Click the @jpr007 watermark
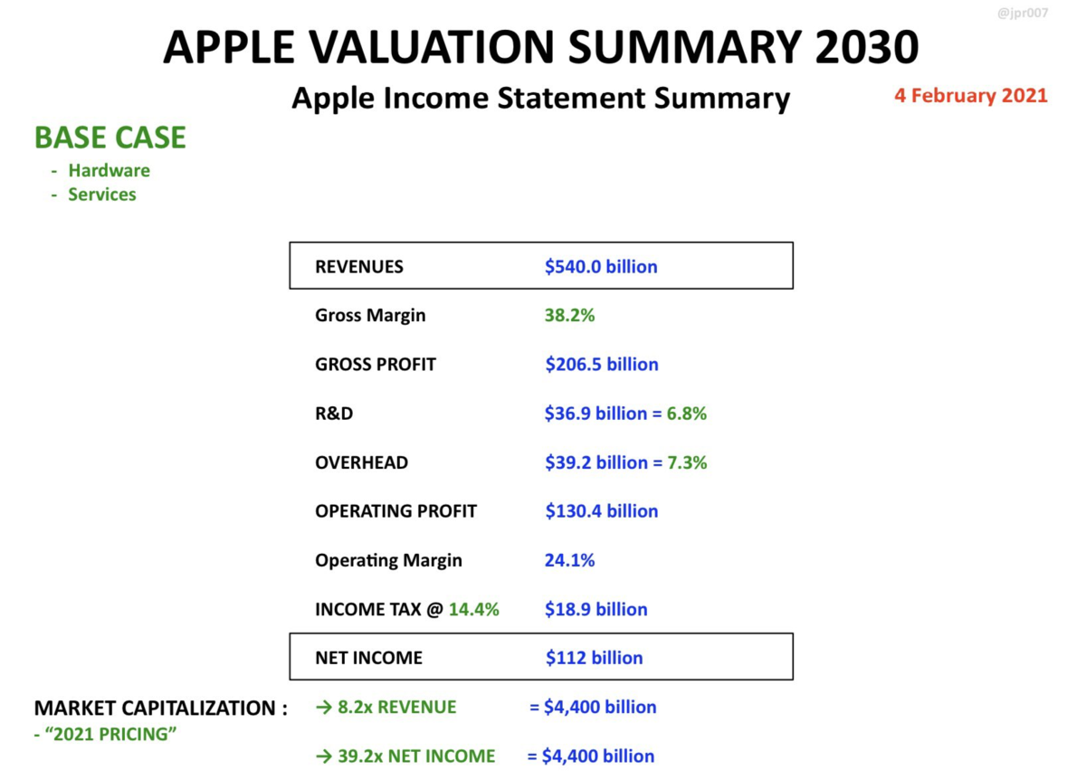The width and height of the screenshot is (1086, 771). point(1023,13)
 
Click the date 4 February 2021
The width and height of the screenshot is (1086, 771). point(970,95)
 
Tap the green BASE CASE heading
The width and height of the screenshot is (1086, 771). point(110,138)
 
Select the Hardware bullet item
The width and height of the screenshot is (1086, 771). point(110,170)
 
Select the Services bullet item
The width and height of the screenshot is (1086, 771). point(101,194)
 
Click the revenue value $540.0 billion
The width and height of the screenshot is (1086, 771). point(601,267)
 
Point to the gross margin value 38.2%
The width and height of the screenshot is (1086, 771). point(569,315)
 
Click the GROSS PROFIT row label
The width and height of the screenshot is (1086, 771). point(376,364)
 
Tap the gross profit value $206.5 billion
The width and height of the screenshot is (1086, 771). point(602,364)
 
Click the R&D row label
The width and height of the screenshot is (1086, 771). point(334,414)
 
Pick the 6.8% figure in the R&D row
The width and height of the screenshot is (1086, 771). point(687,414)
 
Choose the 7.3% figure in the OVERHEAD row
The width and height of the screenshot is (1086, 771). point(687,462)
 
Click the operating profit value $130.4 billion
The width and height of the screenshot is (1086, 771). point(602,511)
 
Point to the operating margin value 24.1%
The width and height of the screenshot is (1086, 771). point(569,560)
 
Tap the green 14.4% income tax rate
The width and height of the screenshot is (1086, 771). point(473,609)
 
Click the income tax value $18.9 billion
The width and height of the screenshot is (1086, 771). point(595,609)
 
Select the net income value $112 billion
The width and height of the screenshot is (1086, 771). point(595,658)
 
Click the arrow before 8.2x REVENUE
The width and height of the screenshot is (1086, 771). point(324,708)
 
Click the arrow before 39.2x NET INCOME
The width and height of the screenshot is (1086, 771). point(324,756)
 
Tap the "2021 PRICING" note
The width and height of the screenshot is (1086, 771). point(105,734)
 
